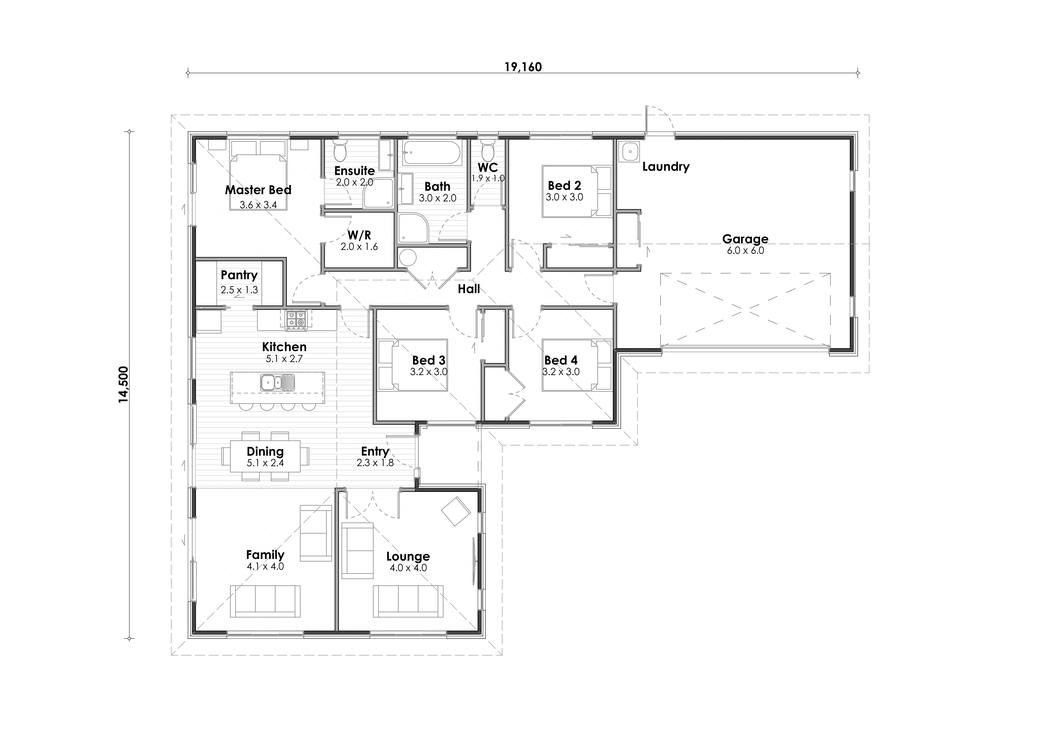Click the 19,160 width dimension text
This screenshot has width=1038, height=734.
(523, 67)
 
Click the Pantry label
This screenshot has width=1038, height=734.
(239, 275)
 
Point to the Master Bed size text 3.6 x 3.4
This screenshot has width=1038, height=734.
(258, 205)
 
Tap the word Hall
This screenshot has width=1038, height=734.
(469, 289)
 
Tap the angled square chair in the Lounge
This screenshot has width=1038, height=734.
(456, 511)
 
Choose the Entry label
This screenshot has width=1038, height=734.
(375, 451)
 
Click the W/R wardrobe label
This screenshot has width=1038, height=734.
(359, 235)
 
